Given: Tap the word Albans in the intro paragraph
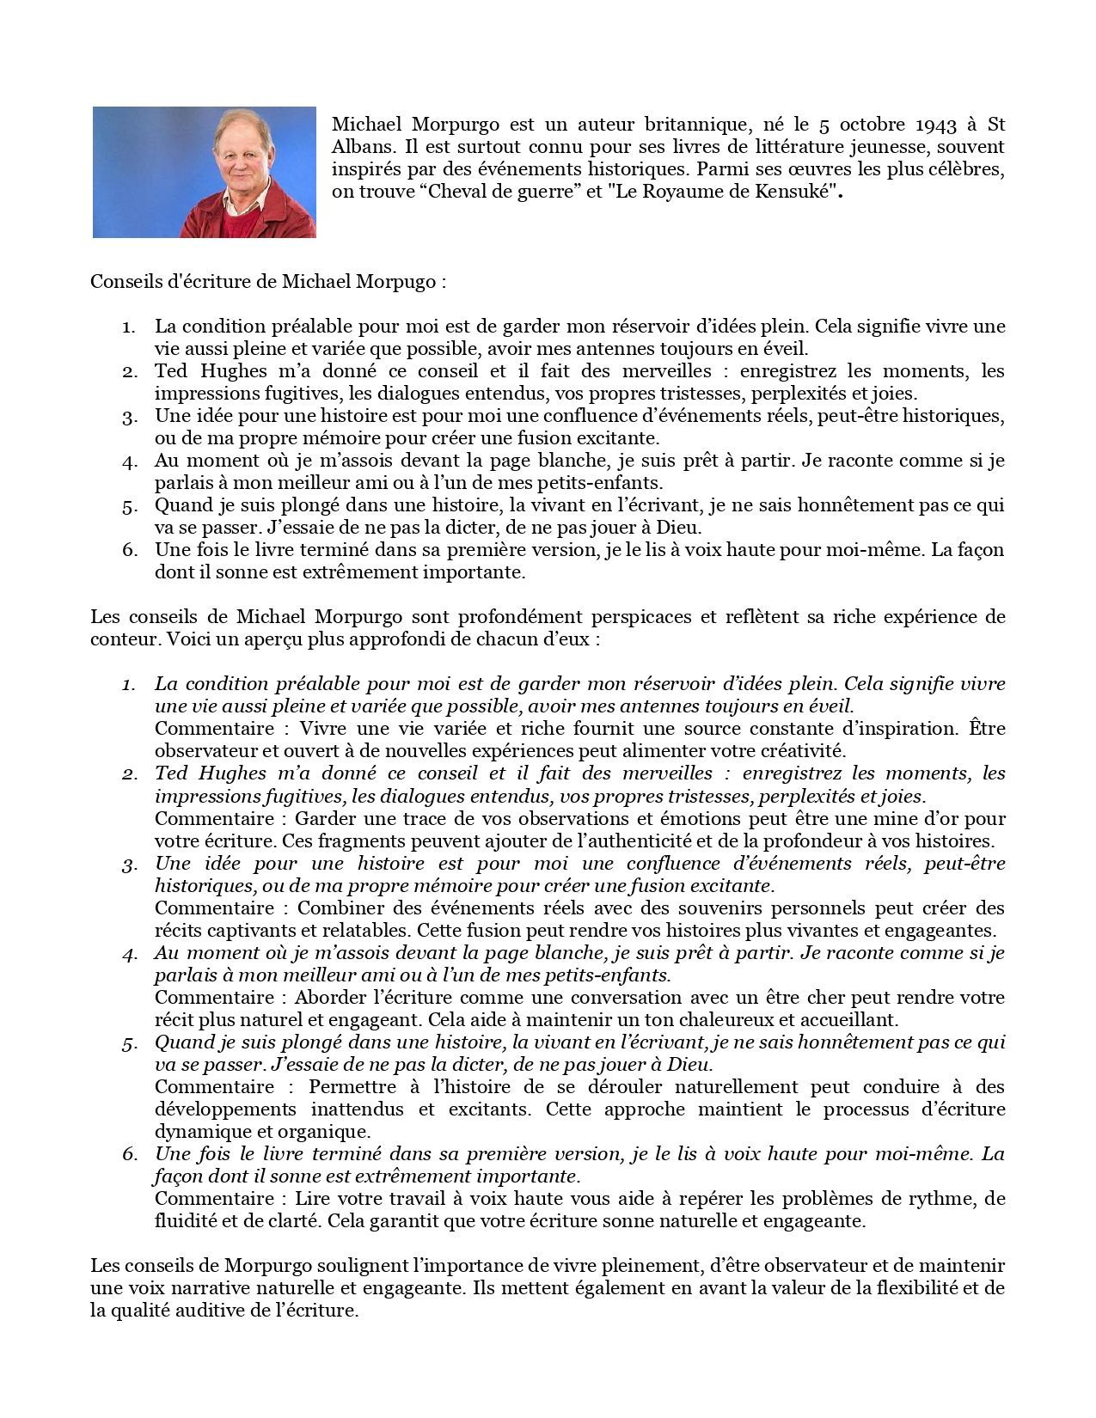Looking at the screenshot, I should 359,148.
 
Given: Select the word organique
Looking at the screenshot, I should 333,1131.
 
